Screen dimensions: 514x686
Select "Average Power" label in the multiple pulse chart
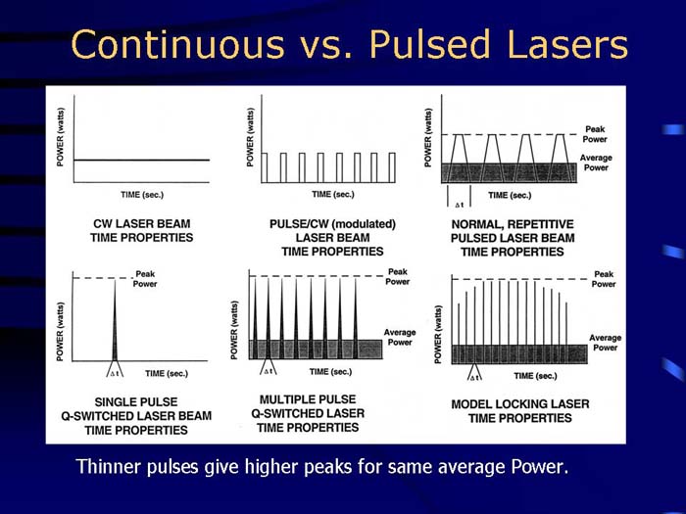pos(400,338)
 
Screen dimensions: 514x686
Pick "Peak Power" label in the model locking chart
pos(605,279)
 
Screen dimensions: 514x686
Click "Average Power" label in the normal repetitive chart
pos(596,164)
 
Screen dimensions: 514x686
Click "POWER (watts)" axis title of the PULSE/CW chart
pos(250,140)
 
